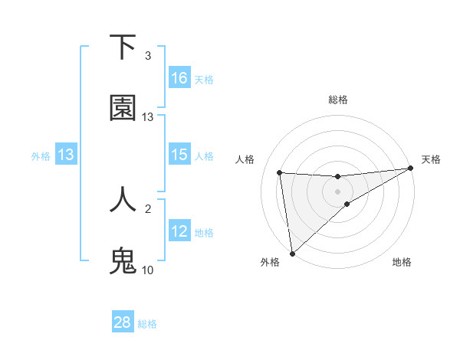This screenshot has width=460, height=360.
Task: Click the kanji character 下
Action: coord(123,47)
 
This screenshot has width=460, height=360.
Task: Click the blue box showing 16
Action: coord(179,77)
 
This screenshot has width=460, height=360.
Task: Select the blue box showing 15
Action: coord(179,155)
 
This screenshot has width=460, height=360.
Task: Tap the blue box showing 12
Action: coord(179,231)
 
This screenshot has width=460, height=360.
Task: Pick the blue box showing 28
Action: coord(123,322)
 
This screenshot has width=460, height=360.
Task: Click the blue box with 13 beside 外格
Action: coord(66,155)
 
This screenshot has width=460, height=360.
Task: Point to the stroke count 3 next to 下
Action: coord(148,56)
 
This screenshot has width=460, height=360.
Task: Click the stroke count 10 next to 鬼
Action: coord(148,270)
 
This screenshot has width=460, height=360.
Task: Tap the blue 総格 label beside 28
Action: coord(147,324)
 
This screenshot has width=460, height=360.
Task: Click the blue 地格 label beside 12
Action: coord(204,233)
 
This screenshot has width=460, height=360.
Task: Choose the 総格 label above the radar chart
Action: coord(338,100)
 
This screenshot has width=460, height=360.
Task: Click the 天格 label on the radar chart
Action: coord(431,159)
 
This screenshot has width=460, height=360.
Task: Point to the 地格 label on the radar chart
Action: coord(402,262)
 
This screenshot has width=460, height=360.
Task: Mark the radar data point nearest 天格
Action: coord(410,169)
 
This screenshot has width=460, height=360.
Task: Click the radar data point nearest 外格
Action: coord(292,253)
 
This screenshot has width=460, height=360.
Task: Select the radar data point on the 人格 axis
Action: coord(280,172)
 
